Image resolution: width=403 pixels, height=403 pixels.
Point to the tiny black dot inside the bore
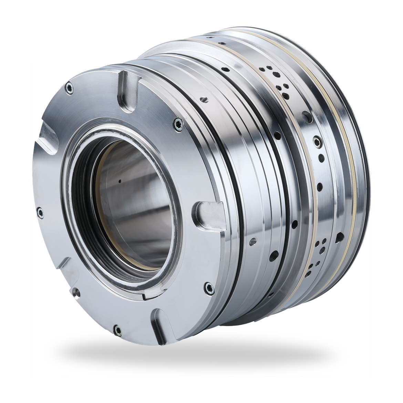pos(120,180)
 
